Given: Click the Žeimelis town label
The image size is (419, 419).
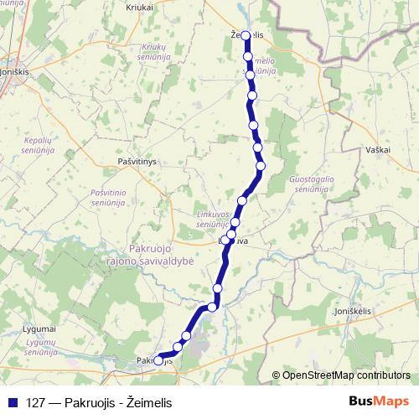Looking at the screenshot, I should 246,34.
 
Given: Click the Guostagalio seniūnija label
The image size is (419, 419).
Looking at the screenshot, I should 312,184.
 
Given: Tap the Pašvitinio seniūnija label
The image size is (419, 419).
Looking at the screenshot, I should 108,198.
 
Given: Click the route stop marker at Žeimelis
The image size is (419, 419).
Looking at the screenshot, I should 246,48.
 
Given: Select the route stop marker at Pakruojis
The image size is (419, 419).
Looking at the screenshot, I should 158,361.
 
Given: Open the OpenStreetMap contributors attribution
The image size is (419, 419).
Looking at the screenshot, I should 345,375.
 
